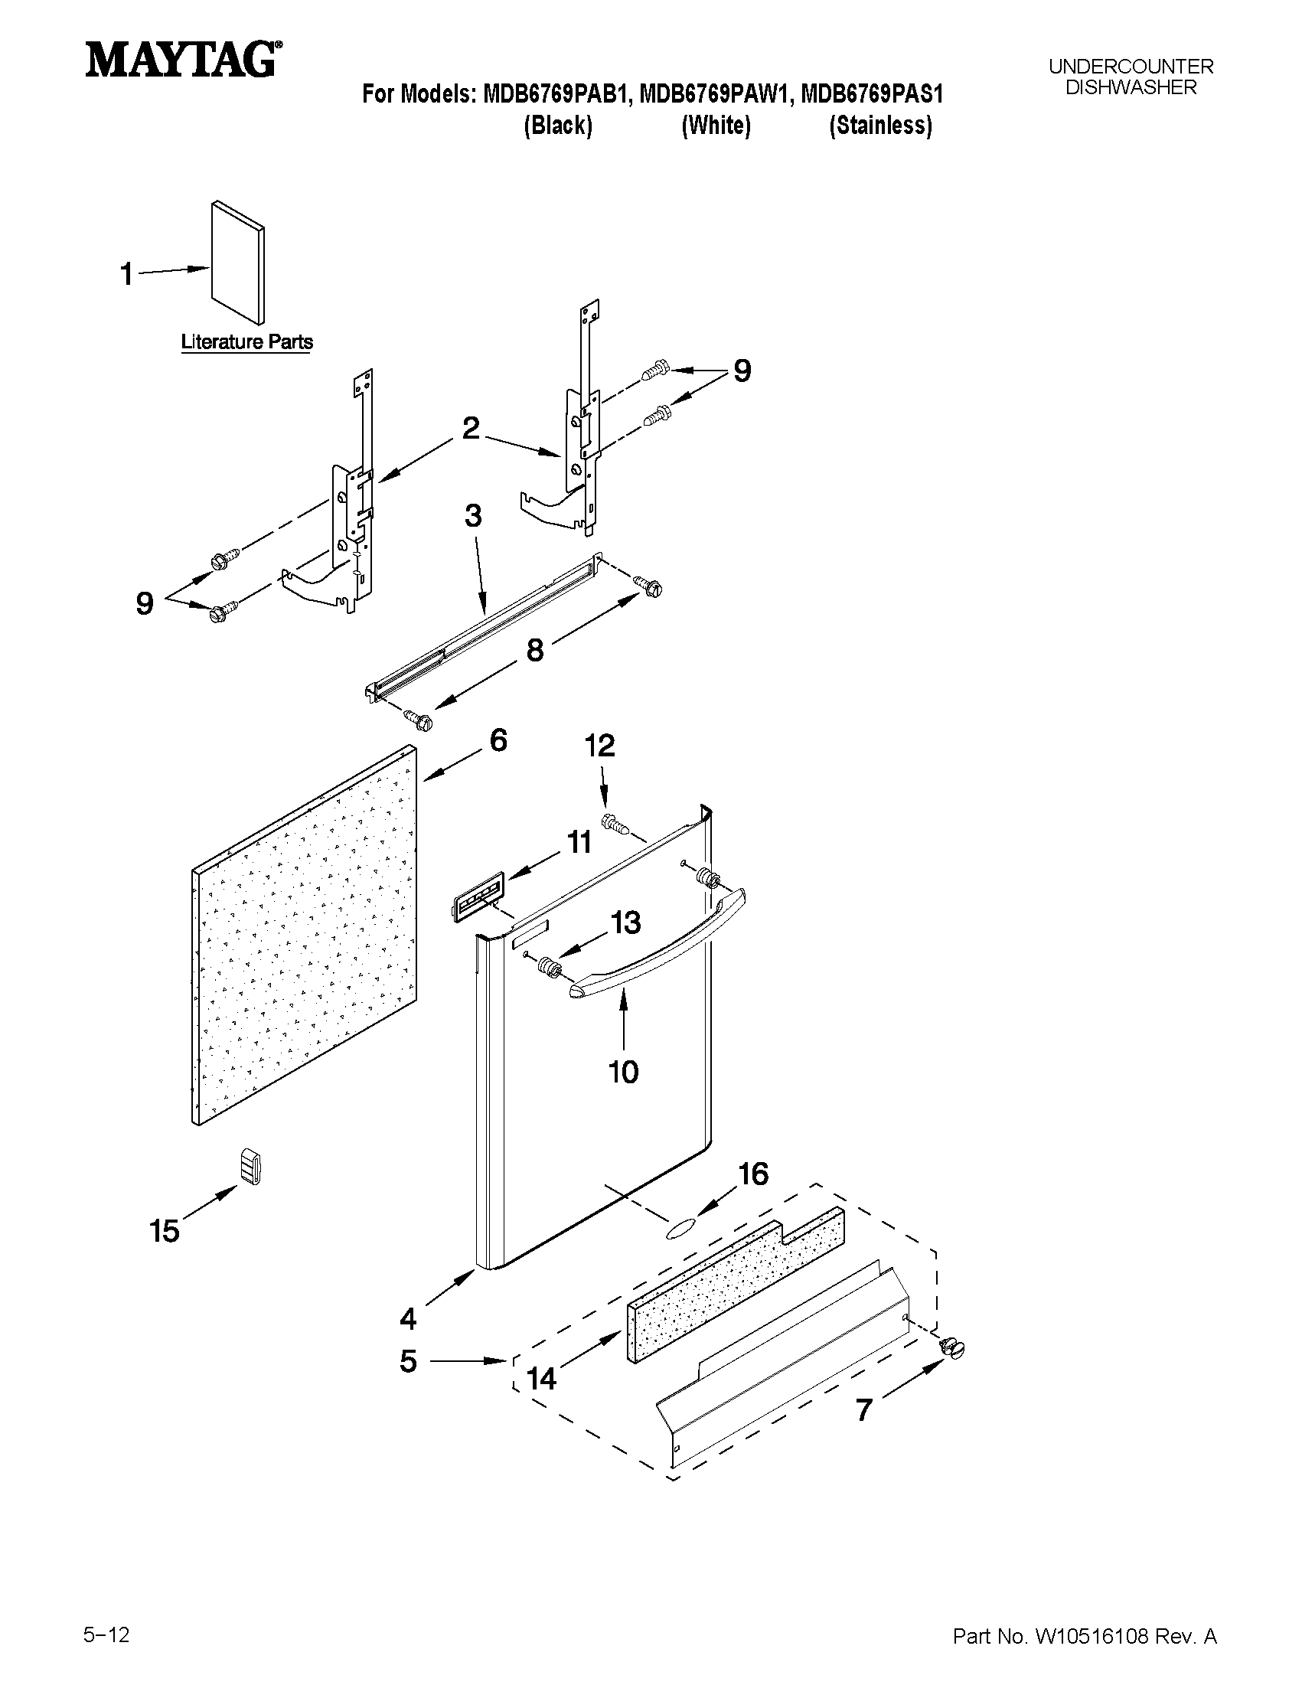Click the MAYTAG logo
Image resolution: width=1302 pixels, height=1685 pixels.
[x=182, y=60]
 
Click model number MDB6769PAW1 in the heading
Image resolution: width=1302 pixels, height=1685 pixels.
[x=715, y=95]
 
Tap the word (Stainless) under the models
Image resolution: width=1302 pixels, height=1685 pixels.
[x=880, y=126]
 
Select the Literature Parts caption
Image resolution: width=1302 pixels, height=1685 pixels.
[x=246, y=341]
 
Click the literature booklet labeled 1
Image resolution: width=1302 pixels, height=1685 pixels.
[x=238, y=264]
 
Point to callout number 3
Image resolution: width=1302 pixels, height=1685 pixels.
[x=473, y=515]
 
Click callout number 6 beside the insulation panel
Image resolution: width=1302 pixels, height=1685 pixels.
[x=498, y=740]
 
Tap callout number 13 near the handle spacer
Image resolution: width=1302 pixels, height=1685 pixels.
[x=625, y=922]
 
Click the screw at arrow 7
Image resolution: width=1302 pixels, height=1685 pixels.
[x=952, y=1347]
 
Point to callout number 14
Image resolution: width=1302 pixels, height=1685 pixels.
[x=541, y=1378]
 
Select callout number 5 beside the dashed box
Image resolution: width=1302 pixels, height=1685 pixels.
[x=408, y=1361]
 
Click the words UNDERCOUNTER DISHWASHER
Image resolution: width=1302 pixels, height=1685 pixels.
[x=1130, y=77]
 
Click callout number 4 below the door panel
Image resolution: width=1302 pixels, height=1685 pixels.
[x=408, y=1318]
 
